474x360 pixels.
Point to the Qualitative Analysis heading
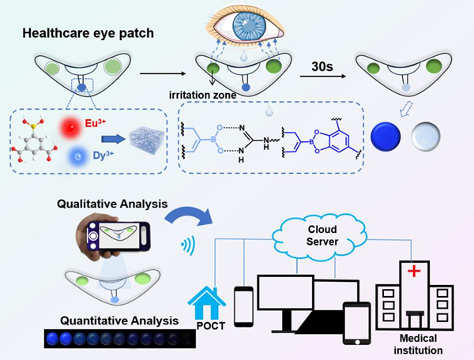click(110, 204)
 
